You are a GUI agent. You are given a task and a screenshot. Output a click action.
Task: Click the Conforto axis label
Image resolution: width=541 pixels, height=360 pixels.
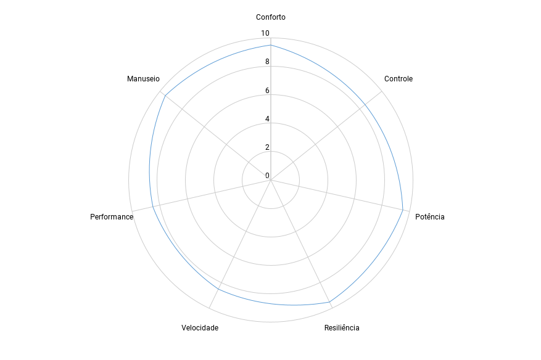pyautogui.click(x=270, y=17)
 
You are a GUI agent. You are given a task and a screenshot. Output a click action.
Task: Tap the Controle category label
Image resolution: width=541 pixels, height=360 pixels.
pyautogui.click(x=398, y=79)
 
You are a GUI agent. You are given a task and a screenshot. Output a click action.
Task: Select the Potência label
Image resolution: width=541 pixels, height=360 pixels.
pyautogui.click(x=429, y=217)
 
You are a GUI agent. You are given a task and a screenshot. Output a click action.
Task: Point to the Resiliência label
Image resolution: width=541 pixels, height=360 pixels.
pyautogui.click(x=342, y=328)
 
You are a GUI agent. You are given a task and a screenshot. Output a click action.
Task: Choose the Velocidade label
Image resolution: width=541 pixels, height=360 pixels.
pyautogui.click(x=200, y=328)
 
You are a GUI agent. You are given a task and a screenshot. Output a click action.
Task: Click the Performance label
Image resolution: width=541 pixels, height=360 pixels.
pyautogui.click(x=112, y=217)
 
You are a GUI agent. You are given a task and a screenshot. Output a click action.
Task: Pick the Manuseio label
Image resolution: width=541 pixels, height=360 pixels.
pyautogui.click(x=143, y=79)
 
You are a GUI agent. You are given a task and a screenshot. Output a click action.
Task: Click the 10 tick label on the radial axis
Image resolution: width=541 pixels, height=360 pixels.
pyautogui.click(x=265, y=33)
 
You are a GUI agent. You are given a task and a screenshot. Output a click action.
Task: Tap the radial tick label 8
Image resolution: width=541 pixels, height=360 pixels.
pyautogui.click(x=267, y=62)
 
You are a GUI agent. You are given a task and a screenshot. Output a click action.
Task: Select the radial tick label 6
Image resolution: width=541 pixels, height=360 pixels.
pyautogui.click(x=267, y=91)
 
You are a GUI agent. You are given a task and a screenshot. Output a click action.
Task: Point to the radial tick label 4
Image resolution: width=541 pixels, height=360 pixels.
pyautogui.click(x=267, y=119)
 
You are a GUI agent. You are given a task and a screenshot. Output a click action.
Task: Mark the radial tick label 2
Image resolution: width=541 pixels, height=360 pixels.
pyautogui.click(x=267, y=147)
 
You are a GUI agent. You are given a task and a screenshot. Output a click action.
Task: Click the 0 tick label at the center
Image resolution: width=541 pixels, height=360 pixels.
pyautogui.click(x=267, y=176)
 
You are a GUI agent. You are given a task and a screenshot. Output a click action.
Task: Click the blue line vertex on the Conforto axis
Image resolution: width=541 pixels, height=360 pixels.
pyautogui.click(x=271, y=45)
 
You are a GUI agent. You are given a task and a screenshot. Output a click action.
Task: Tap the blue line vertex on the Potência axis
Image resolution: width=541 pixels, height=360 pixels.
pyautogui.click(x=403, y=210)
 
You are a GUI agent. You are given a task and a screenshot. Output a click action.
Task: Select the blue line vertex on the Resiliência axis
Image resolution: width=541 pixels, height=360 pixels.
pyautogui.click(x=329, y=302)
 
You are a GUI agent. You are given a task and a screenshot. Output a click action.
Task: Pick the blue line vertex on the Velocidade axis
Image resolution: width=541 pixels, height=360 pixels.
pyautogui.click(x=218, y=289)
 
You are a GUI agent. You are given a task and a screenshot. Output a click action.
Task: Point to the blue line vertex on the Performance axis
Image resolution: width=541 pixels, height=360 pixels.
pyautogui.click(x=153, y=207)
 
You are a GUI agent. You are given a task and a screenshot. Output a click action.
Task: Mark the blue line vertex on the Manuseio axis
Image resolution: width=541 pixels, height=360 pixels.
pyautogui.click(x=165, y=96)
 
